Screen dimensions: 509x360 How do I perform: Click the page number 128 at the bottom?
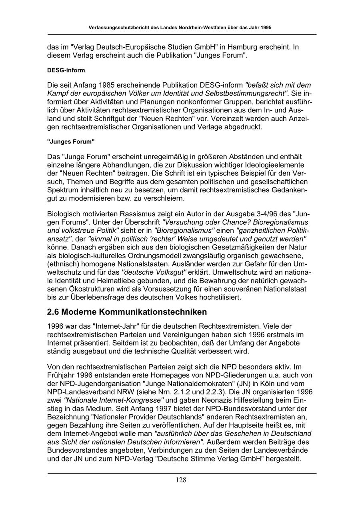pyautogui.click(x=181, y=480)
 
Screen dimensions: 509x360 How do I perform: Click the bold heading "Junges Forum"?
pyautogui.click(x=71, y=142)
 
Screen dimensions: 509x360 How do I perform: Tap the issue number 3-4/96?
pyautogui.click(x=264, y=214)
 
